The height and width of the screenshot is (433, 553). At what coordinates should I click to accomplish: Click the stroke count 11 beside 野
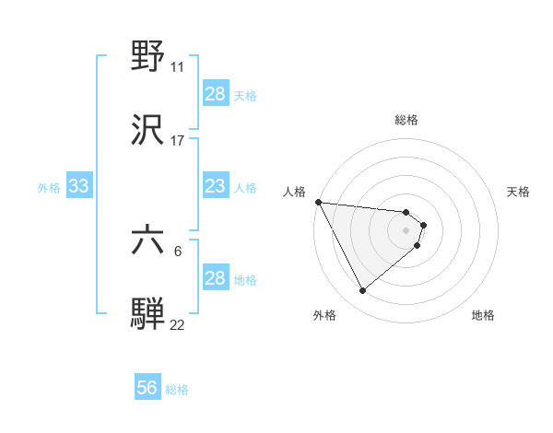coord(178,67)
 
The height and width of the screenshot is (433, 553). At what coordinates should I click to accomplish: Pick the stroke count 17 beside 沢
coord(178,141)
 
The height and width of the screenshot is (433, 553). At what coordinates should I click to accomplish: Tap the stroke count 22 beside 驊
coord(178,323)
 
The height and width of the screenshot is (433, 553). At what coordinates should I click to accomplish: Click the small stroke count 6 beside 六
coord(178,250)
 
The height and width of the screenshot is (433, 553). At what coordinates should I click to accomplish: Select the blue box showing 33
coord(78,187)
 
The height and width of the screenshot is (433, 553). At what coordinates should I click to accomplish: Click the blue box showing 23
coord(215,187)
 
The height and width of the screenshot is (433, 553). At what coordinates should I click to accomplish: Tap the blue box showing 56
coord(147,389)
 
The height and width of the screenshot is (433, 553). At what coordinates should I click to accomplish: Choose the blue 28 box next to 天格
coord(215,94)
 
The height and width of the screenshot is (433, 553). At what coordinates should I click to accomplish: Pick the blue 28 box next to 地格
coord(215,278)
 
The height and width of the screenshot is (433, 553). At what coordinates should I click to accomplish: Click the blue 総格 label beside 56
coord(177,390)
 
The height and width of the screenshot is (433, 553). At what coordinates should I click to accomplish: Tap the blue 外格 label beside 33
coord(49,188)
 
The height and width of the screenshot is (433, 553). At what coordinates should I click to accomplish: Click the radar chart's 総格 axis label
coord(406,120)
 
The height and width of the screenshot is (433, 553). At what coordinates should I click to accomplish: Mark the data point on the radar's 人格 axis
coord(318,202)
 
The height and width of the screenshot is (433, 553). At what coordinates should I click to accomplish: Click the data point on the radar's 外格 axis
coord(362,291)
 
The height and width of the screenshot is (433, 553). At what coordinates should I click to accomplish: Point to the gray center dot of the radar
coord(406,229)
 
